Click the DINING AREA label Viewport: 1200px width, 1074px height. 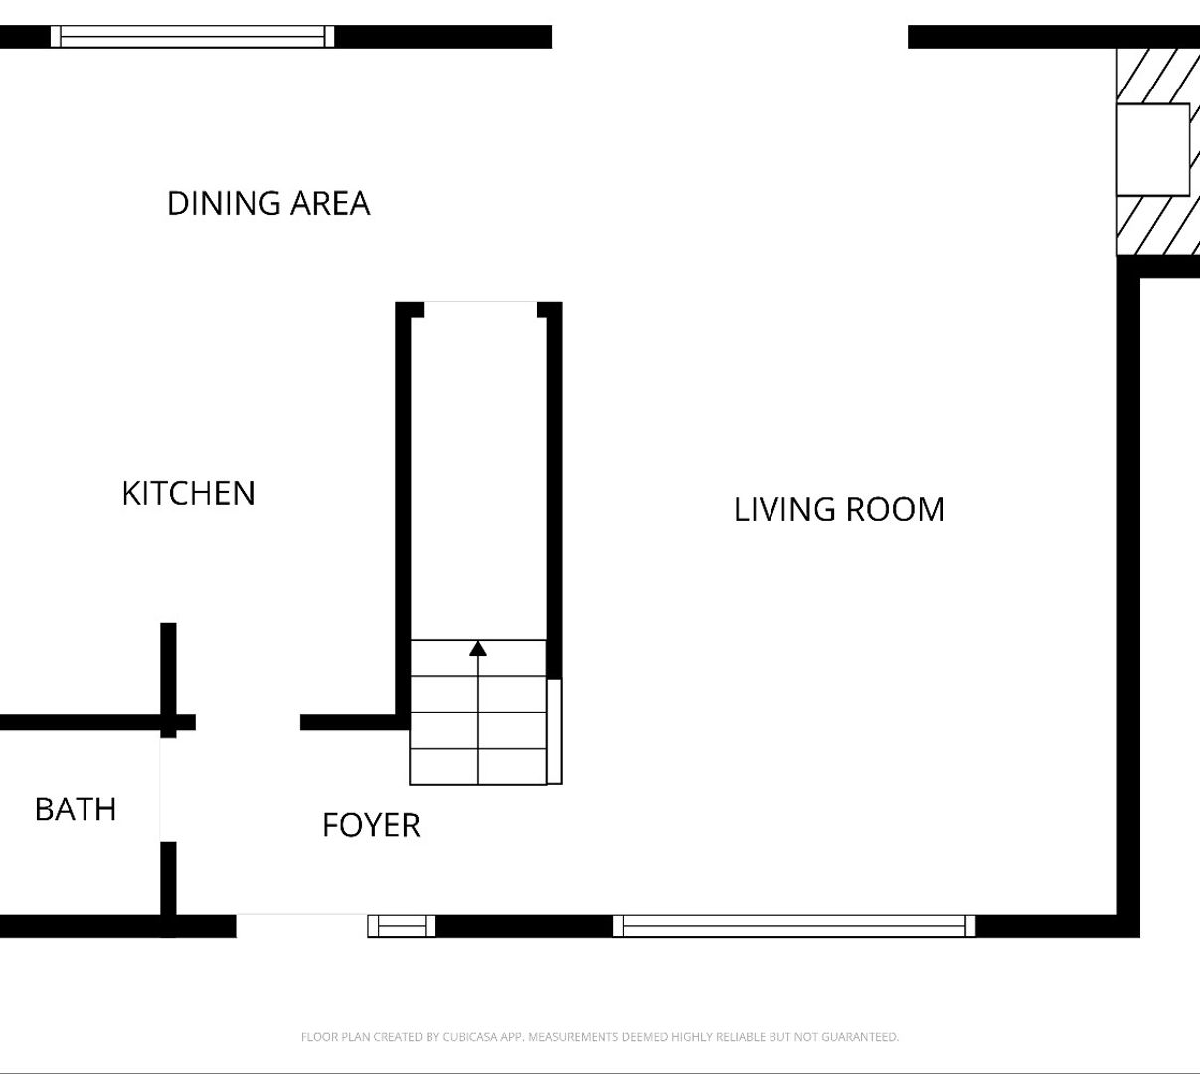point(268,203)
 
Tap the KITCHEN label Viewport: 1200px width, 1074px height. point(188,493)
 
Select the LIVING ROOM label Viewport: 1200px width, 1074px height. point(839,509)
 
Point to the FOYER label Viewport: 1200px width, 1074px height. point(372,825)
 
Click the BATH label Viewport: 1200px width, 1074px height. point(76,809)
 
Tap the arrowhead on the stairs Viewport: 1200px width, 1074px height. point(478,648)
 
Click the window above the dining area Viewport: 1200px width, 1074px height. point(193,37)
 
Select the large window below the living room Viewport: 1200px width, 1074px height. point(794,926)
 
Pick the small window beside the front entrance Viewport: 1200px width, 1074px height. point(402,926)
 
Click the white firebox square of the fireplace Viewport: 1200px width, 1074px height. point(1153,150)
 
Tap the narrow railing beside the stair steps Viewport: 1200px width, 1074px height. point(554,732)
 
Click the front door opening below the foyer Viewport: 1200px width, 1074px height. point(301,926)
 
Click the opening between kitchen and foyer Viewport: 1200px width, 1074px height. point(248,722)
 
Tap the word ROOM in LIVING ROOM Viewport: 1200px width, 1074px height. point(895,509)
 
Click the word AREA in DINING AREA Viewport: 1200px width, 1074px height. point(330,203)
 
